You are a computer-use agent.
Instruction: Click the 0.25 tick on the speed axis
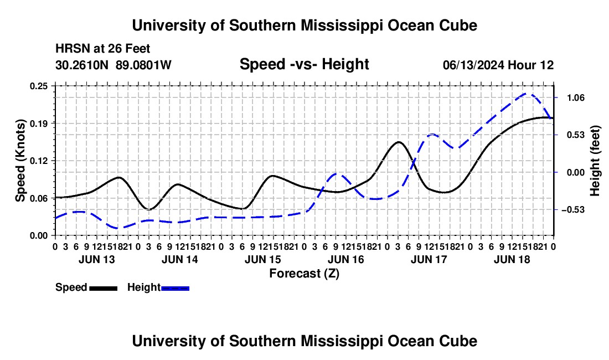[x=38, y=86]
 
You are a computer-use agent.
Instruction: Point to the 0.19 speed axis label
[x=38, y=124]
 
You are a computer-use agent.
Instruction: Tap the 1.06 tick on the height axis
[x=576, y=97]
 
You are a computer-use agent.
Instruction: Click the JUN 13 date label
[x=97, y=259]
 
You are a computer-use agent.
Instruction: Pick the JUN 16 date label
[x=345, y=259]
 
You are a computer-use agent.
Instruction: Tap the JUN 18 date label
[x=512, y=259]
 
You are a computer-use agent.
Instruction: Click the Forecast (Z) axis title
[x=304, y=274]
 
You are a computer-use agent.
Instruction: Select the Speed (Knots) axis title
[x=20, y=161]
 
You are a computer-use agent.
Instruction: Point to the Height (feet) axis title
[x=595, y=161]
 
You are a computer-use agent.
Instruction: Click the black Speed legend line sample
[x=104, y=288]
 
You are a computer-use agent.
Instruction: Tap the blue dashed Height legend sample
[x=175, y=288]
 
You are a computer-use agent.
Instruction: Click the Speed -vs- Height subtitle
[x=304, y=64]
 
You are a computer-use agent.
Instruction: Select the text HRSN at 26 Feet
[x=102, y=49]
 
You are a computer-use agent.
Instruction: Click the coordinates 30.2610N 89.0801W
[x=113, y=65]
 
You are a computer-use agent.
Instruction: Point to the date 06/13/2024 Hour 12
[x=498, y=65]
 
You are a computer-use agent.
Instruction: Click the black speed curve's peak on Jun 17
[x=398, y=142]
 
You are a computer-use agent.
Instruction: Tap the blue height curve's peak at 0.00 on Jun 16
[x=337, y=173]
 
